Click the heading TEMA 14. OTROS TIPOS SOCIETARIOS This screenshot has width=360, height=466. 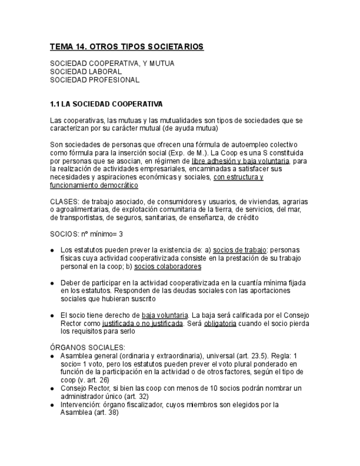pos(126,47)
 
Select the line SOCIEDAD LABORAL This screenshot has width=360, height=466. pos(86,71)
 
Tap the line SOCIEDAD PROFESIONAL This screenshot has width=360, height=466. pos(95,80)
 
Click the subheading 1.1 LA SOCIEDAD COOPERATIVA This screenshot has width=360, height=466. pos(106,104)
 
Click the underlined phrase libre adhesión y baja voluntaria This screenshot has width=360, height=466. pos(241,161)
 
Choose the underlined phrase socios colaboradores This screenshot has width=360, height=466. pos(168,267)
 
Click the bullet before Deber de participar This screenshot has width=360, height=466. pos(52,283)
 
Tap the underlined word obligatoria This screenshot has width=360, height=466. pos(220,324)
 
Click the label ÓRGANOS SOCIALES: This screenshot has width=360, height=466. pos(87,347)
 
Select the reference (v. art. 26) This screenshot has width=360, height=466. pos(92,380)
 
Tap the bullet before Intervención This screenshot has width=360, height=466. pos(52,405)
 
